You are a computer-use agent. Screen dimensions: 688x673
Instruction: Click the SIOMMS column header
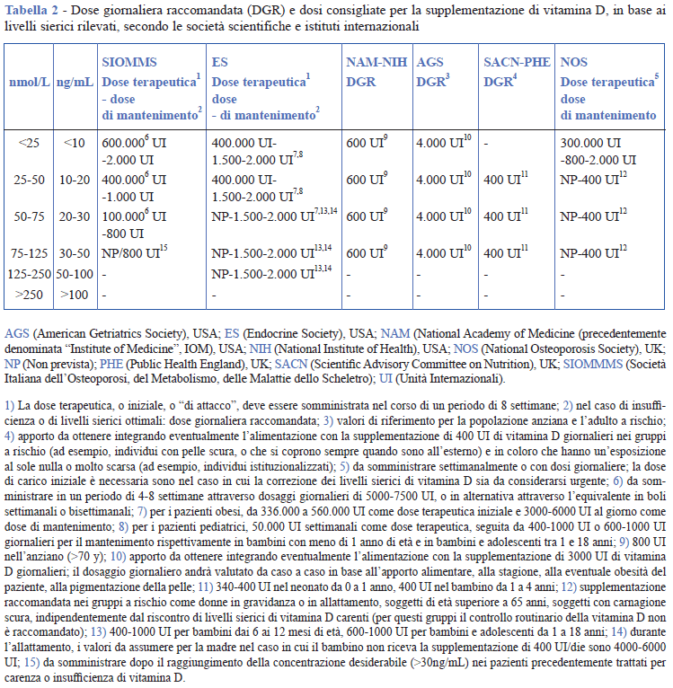(129, 63)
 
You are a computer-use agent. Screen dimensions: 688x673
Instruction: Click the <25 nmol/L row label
(28, 142)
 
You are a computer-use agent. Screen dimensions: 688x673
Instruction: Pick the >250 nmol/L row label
(28, 293)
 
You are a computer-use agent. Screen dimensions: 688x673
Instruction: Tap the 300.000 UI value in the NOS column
(590, 143)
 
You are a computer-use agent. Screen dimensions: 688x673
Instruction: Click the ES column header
(219, 63)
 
